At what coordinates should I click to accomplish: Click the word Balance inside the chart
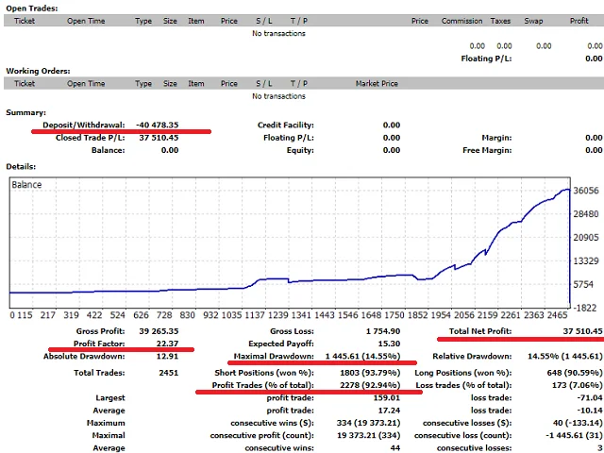point(26,184)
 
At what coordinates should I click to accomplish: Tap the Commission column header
point(461,20)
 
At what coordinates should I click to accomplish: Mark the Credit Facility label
point(286,125)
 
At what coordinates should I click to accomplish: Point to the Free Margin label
point(488,150)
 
